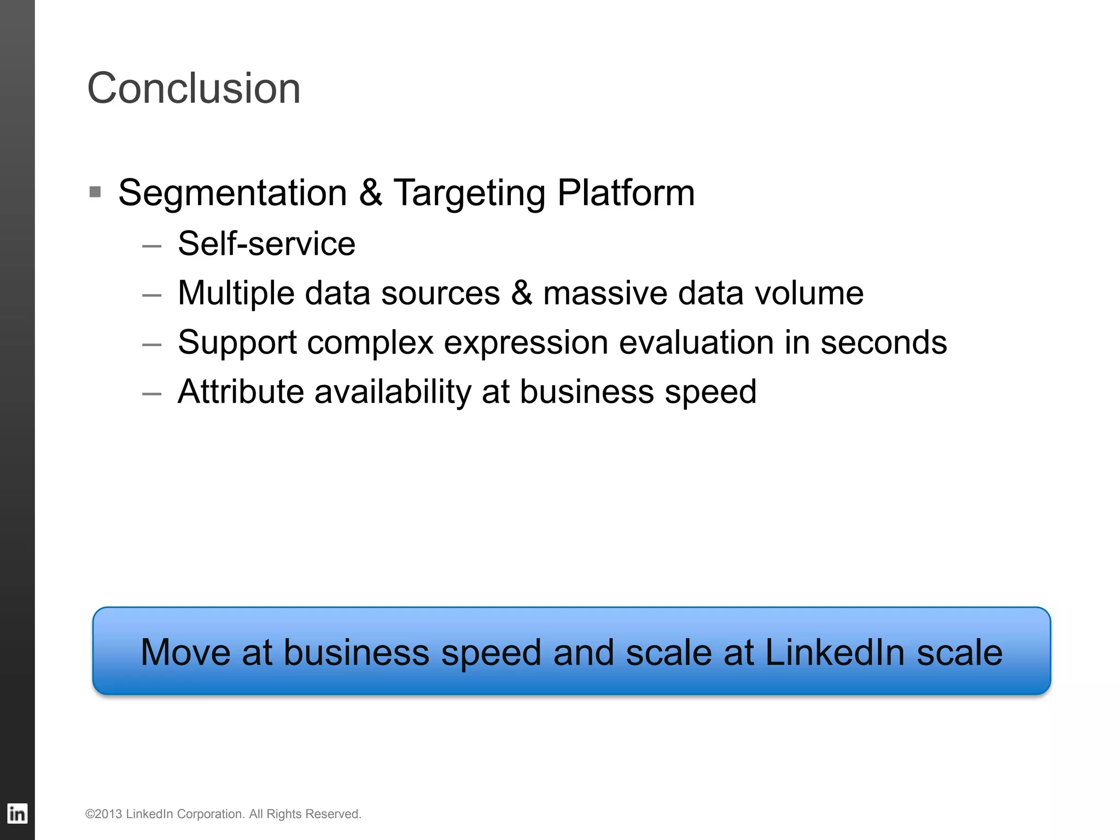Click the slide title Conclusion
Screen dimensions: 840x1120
tap(194, 89)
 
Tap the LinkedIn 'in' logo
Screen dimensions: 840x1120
tap(17, 814)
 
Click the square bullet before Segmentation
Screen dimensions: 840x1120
tap(95, 192)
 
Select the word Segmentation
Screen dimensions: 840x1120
tap(232, 194)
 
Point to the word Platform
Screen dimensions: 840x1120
tap(626, 194)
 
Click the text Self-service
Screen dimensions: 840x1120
tap(266, 243)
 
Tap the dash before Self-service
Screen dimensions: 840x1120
tap(151, 246)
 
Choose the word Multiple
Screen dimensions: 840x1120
tap(236, 294)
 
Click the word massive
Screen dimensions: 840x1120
tap(605, 293)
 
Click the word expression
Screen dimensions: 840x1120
tap(526, 343)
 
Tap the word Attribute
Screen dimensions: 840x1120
tap(241, 392)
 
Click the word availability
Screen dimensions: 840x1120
tap(393, 393)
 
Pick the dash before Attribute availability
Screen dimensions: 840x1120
tap(151, 394)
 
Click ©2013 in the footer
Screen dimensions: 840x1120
tap(103, 814)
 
